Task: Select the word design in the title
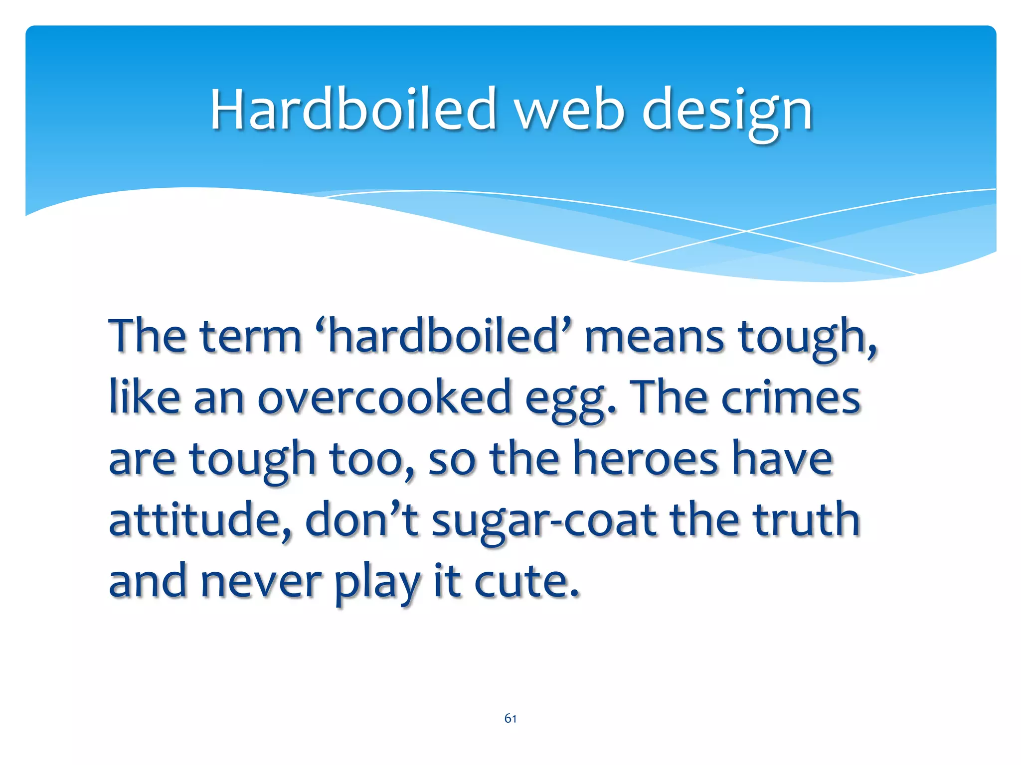pos(727,111)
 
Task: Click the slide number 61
pos(510,718)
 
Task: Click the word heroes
pos(646,459)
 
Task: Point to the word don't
pos(362,520)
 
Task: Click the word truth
pos(806,520)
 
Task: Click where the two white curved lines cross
pos(746,231)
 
